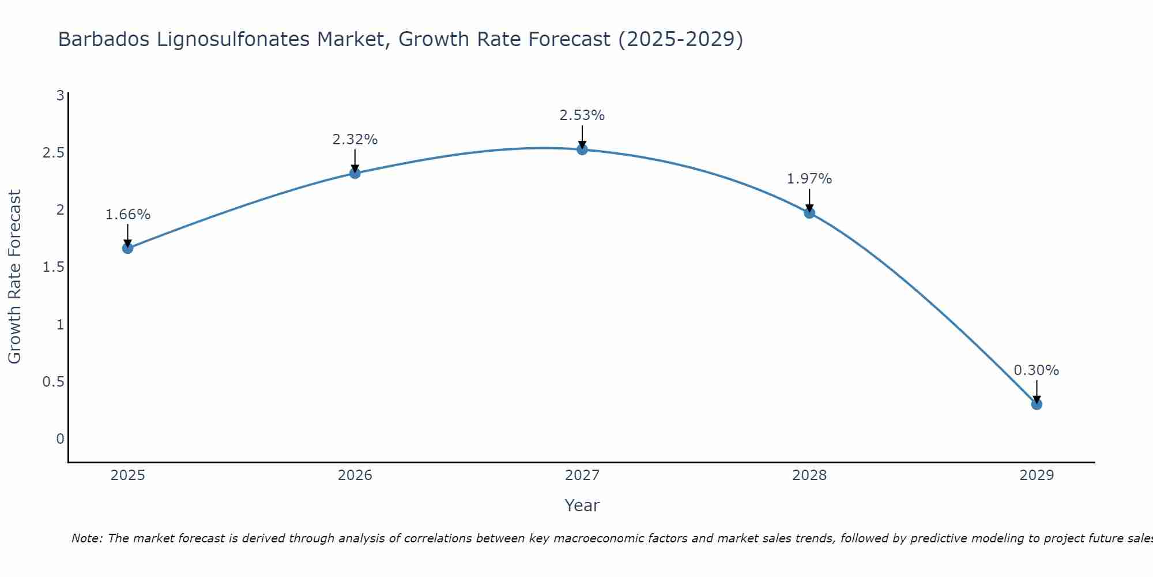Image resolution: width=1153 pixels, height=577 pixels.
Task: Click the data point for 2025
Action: [127, 248]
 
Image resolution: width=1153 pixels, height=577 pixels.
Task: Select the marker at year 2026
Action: [355, 173]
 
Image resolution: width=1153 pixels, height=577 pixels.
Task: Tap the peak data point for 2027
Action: [582, 149]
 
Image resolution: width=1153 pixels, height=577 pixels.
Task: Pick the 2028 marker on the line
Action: [809, 213]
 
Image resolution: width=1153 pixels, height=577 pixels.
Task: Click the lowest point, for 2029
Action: [1037, 404]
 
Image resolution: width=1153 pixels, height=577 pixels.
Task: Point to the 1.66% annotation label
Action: [127, 215]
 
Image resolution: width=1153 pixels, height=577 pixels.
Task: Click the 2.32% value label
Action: [355, 140]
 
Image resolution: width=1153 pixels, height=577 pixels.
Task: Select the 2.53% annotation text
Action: [582, 115]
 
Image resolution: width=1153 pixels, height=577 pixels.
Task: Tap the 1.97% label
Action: [809, 179]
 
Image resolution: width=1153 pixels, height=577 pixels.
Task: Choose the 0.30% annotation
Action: [1037, 370]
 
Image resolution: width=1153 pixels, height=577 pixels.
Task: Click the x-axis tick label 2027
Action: [582, 475]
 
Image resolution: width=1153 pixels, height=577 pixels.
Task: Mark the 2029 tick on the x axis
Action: [1037, 475]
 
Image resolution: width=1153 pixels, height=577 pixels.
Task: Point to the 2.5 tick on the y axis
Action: [53, 153]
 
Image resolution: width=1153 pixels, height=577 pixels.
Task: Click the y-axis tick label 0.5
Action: [53, 382]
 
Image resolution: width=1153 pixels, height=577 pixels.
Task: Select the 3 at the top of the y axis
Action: [60, 96]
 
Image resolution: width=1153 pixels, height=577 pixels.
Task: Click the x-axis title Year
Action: [582, 505]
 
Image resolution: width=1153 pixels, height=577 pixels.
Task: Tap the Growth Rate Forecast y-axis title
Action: [14, 277]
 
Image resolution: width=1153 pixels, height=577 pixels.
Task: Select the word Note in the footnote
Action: [86, 538]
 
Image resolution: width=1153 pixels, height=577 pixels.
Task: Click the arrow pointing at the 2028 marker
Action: [809, 200]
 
